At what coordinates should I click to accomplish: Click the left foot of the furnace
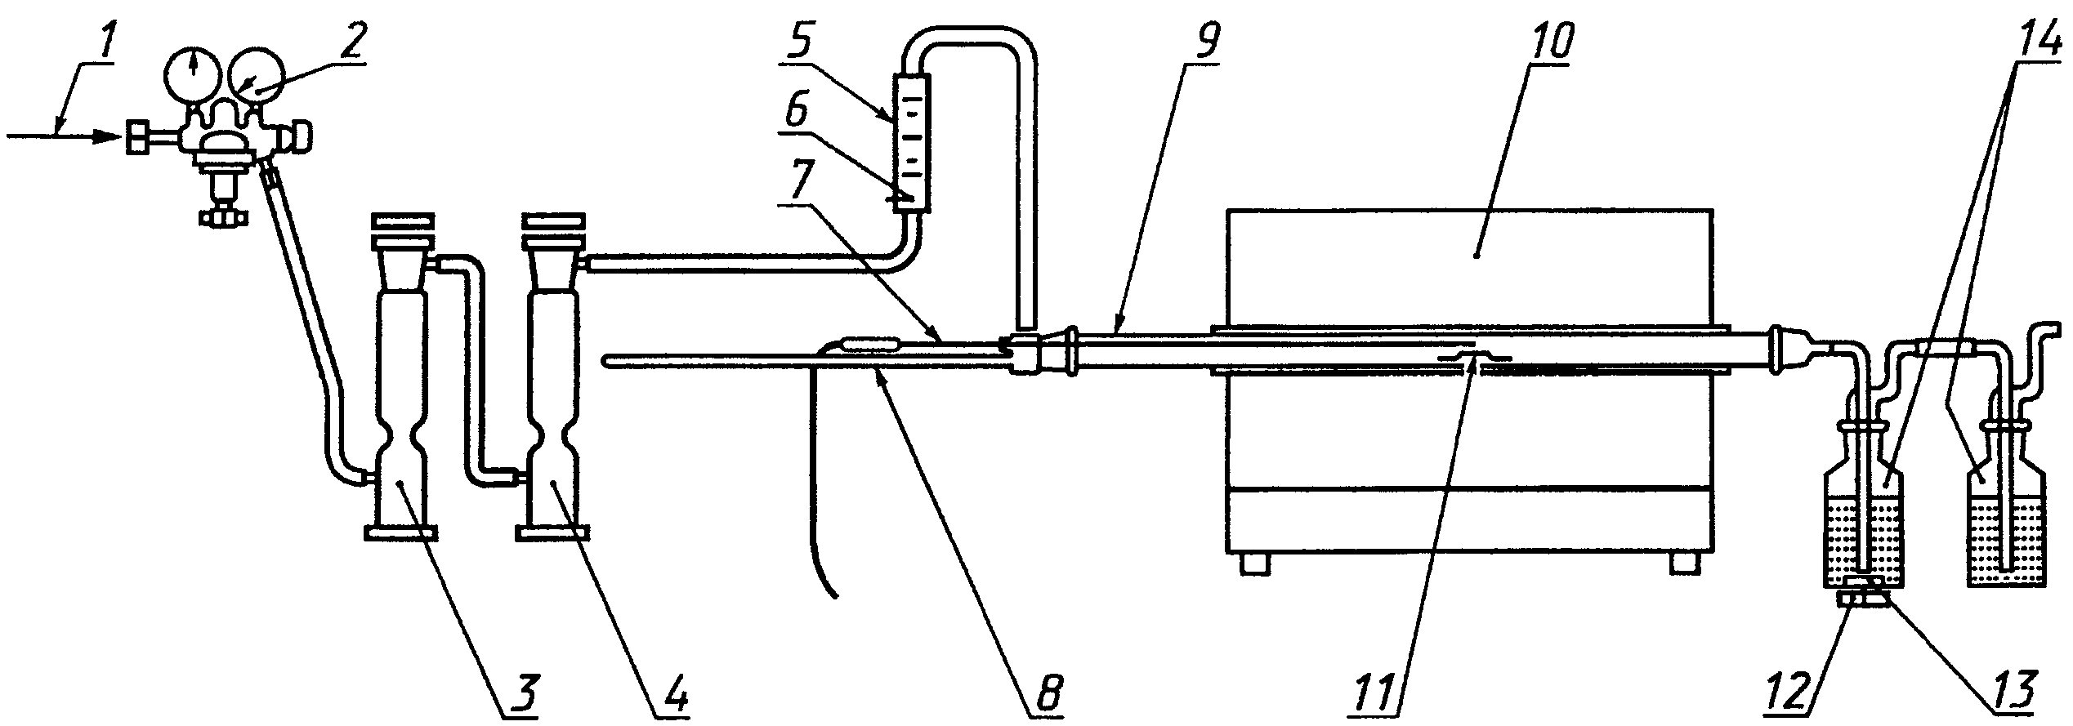[x=1256, y=564]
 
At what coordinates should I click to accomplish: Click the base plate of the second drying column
[x=552, y=533]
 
